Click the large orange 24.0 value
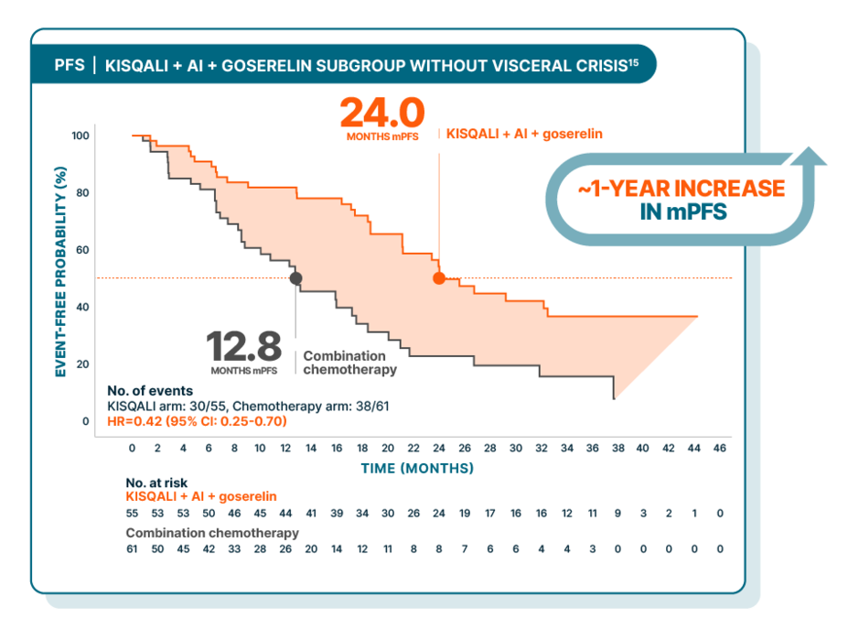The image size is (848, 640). [382, 114]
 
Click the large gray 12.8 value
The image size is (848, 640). [243, 347]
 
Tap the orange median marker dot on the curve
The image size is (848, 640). [439, 278]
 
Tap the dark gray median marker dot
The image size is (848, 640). [295, 278]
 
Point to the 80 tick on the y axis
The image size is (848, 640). [81, 193]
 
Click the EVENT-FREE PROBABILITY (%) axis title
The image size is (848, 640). [60, 272]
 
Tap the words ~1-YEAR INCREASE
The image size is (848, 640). [681, 190]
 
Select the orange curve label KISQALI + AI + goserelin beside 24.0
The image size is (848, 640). [524, 134]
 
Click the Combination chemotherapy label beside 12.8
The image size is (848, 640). [350, 363]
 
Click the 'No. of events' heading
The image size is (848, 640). [150, 390]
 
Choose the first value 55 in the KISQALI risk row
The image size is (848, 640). [133, 514]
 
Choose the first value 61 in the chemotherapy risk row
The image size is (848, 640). [133, 548]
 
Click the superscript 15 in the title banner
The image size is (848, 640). [632, 61]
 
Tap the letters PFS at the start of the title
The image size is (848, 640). [69, 66]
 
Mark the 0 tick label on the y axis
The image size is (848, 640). [86, 422]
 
